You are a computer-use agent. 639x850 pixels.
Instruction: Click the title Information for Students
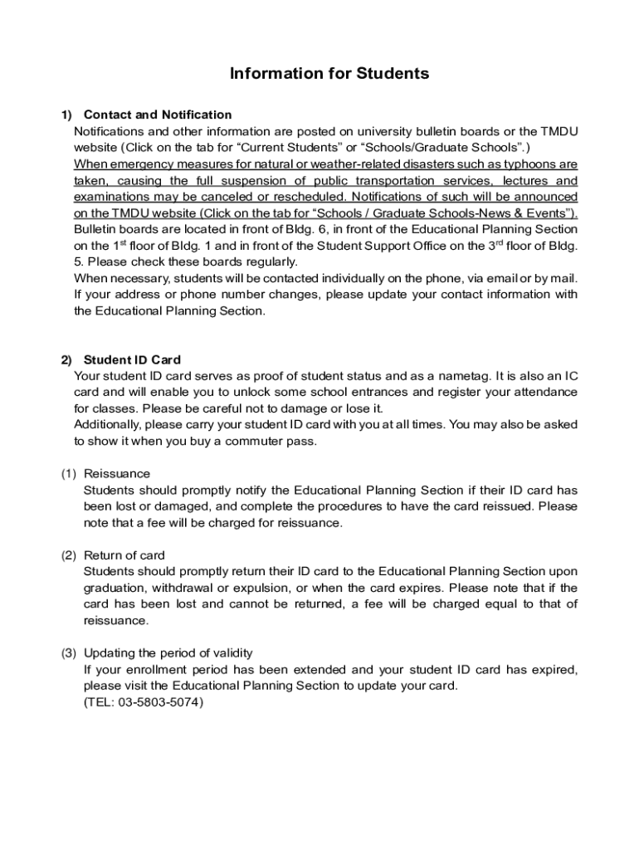click(x=329, y=74)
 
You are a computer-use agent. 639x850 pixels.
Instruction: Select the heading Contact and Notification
click(x=158, y=115)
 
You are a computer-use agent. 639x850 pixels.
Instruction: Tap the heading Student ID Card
click(x=132, y=360)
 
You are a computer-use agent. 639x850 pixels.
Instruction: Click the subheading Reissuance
click(x=117, y=474)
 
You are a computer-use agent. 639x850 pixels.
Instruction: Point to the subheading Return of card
click(x=124, y=555)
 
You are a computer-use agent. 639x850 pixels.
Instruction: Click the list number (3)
click(x=69, y=653)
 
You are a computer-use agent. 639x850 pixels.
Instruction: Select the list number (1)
click(x=69, y=474)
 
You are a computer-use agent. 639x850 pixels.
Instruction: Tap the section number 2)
click(x=66, y=360)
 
